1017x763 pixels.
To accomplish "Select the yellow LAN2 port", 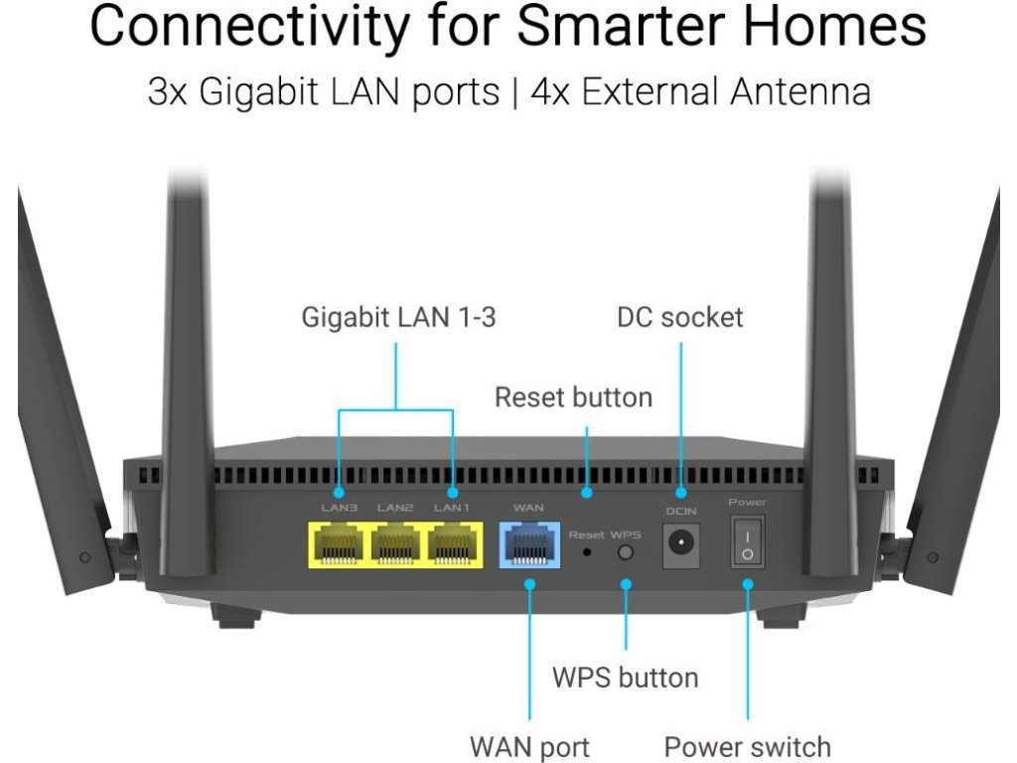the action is [395, 545].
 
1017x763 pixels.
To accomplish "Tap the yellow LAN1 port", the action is [452, 545].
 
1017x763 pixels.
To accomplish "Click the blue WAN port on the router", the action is [529, 545].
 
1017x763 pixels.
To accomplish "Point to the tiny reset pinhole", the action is [587, 552].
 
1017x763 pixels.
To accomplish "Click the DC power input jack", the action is [681, 543].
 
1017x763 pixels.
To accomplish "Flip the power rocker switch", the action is [748, 542].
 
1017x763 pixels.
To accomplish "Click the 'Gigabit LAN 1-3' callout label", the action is [398, 317].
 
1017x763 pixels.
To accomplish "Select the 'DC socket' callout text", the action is [680, 317].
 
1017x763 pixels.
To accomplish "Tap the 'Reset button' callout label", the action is [573, 397].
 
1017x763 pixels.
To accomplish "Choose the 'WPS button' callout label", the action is [626, 678].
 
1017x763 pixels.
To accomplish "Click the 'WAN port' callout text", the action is [530, 747].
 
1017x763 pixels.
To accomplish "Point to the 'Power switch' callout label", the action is [748, 747].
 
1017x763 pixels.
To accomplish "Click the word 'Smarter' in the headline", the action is [621, 25].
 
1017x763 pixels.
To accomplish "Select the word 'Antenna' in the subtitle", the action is [800, 91].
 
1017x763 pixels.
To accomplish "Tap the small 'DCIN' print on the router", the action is [681, 512].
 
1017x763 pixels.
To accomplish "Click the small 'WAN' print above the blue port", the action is [528, 508].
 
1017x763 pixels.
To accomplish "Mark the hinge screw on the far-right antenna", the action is [933, 556].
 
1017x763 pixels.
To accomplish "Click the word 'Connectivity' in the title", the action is [249, 25].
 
